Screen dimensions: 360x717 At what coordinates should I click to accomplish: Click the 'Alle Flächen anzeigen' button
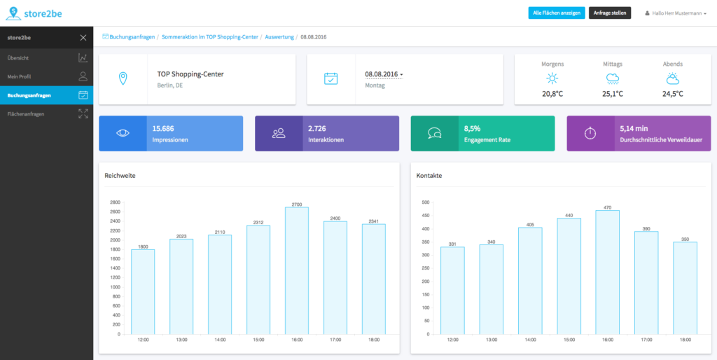tap(556, 13)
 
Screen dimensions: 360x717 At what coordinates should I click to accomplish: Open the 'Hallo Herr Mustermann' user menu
tap(679, 13)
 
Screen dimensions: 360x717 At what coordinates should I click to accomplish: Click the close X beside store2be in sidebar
tap(83, 38)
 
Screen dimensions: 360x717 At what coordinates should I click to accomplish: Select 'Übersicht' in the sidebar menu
tap(18, 57)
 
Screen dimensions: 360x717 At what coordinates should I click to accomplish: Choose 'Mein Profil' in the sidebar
tap(20, 76)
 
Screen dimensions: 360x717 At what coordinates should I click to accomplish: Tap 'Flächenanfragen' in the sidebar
tap(26, 113)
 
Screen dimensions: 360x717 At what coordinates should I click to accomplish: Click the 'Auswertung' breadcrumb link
tap(279, 36)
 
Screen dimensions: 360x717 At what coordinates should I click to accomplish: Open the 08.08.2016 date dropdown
tap(384, 74)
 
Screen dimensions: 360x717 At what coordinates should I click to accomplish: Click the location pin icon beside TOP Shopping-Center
tap(123, 78)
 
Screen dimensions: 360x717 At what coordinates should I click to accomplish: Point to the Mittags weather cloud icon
tap(612, 78)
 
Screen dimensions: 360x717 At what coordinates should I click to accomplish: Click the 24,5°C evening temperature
tap(672, 94)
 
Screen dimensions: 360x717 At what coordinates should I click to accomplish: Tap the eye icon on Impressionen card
tap(123, 133)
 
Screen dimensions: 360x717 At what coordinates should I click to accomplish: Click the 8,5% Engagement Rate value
tap(472, 129)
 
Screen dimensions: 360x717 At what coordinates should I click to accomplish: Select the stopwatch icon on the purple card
tap(590, 133)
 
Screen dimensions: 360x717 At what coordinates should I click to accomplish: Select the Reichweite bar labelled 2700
tap(297, 270)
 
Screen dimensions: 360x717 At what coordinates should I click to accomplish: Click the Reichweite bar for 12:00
tap(143, 291)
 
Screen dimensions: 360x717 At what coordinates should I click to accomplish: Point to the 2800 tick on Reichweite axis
tap(115, 202)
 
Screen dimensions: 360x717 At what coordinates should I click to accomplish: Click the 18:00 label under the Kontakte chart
tap(685, 340)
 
